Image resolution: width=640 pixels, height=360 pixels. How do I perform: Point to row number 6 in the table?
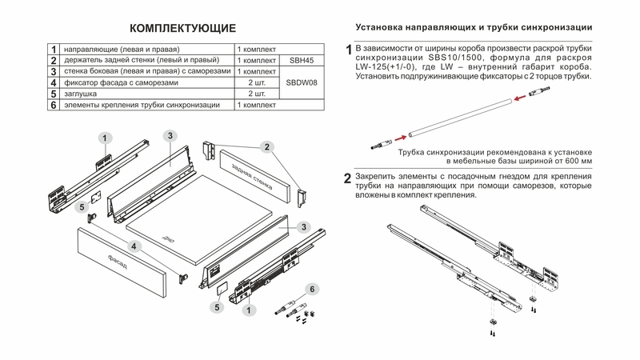[x=53, y=105]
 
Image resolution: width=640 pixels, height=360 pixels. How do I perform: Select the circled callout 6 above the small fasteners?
[x=313, y=288]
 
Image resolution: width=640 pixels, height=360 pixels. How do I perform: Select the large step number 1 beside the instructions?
[x=348, y=51]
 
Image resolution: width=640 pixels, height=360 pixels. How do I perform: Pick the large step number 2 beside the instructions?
[x=347, y=178]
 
